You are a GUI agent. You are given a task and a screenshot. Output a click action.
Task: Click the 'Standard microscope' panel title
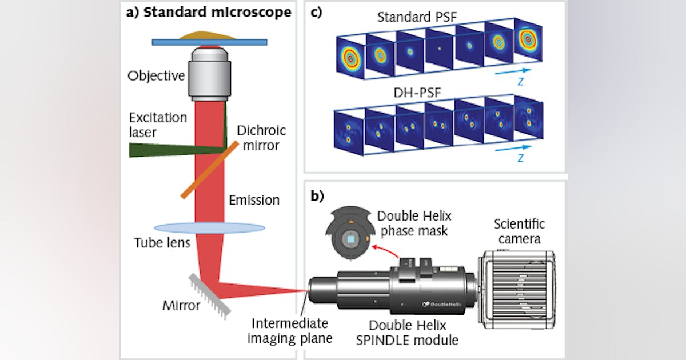(209, 12)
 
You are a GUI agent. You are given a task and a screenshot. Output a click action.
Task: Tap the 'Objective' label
(156, 75)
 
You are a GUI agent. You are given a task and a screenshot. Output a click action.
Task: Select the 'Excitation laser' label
(158, 125)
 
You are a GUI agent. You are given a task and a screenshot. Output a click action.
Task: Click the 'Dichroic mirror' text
(261, 138)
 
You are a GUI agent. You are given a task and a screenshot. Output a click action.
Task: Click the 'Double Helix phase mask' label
(414, 223)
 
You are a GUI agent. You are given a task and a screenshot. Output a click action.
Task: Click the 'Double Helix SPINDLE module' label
(413, 333)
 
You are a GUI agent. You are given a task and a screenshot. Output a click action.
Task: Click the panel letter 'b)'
(318, 196)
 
